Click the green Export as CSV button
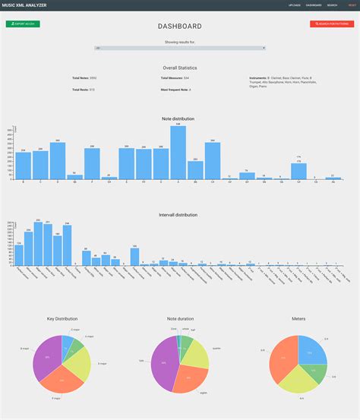[23, 24]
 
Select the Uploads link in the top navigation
[295, 5]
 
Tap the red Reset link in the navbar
[352, 5]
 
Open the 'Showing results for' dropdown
[180, 48]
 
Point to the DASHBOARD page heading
[180, 27]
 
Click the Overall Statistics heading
[180, 68]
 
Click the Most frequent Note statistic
[175, 90]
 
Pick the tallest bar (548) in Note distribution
[178, 153]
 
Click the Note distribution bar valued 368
[58, 160]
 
